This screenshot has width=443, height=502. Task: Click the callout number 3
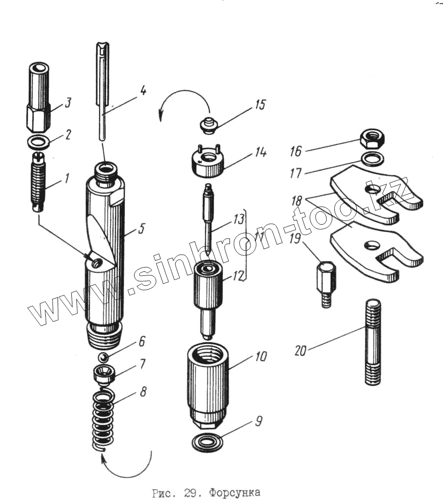68,103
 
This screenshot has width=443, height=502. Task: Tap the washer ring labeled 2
38,143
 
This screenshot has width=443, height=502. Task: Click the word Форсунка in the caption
234,492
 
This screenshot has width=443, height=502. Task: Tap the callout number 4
142,91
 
